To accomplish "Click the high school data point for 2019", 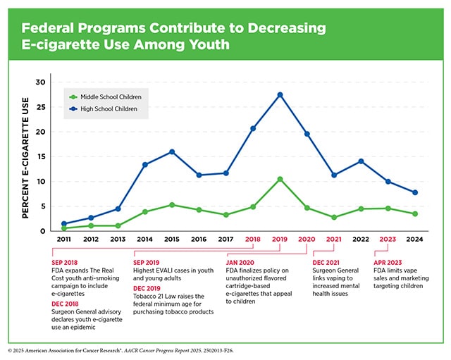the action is [280, 95].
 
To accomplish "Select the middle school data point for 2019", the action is [280, 179].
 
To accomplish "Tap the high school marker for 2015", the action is [172, 152].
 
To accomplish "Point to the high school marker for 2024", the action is [415, 192].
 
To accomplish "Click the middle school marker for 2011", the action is [64, 228].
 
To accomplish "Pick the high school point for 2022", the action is [361, 161].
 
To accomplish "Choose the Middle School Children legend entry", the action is [105, 97].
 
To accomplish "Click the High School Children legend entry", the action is [104, 109].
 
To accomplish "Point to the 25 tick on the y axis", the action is [41, 107].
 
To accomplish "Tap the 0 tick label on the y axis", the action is [43, 231].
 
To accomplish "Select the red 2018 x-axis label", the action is [253, 240].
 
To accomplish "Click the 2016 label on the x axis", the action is [199, 240].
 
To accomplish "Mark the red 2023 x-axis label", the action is [388, 240].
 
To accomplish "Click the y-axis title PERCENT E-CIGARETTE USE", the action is [25, 158].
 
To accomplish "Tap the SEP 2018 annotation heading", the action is [65, 263].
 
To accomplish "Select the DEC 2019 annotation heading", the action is [147, 288].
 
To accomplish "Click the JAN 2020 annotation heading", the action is [240, 263].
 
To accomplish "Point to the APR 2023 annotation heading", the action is [388, 263].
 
